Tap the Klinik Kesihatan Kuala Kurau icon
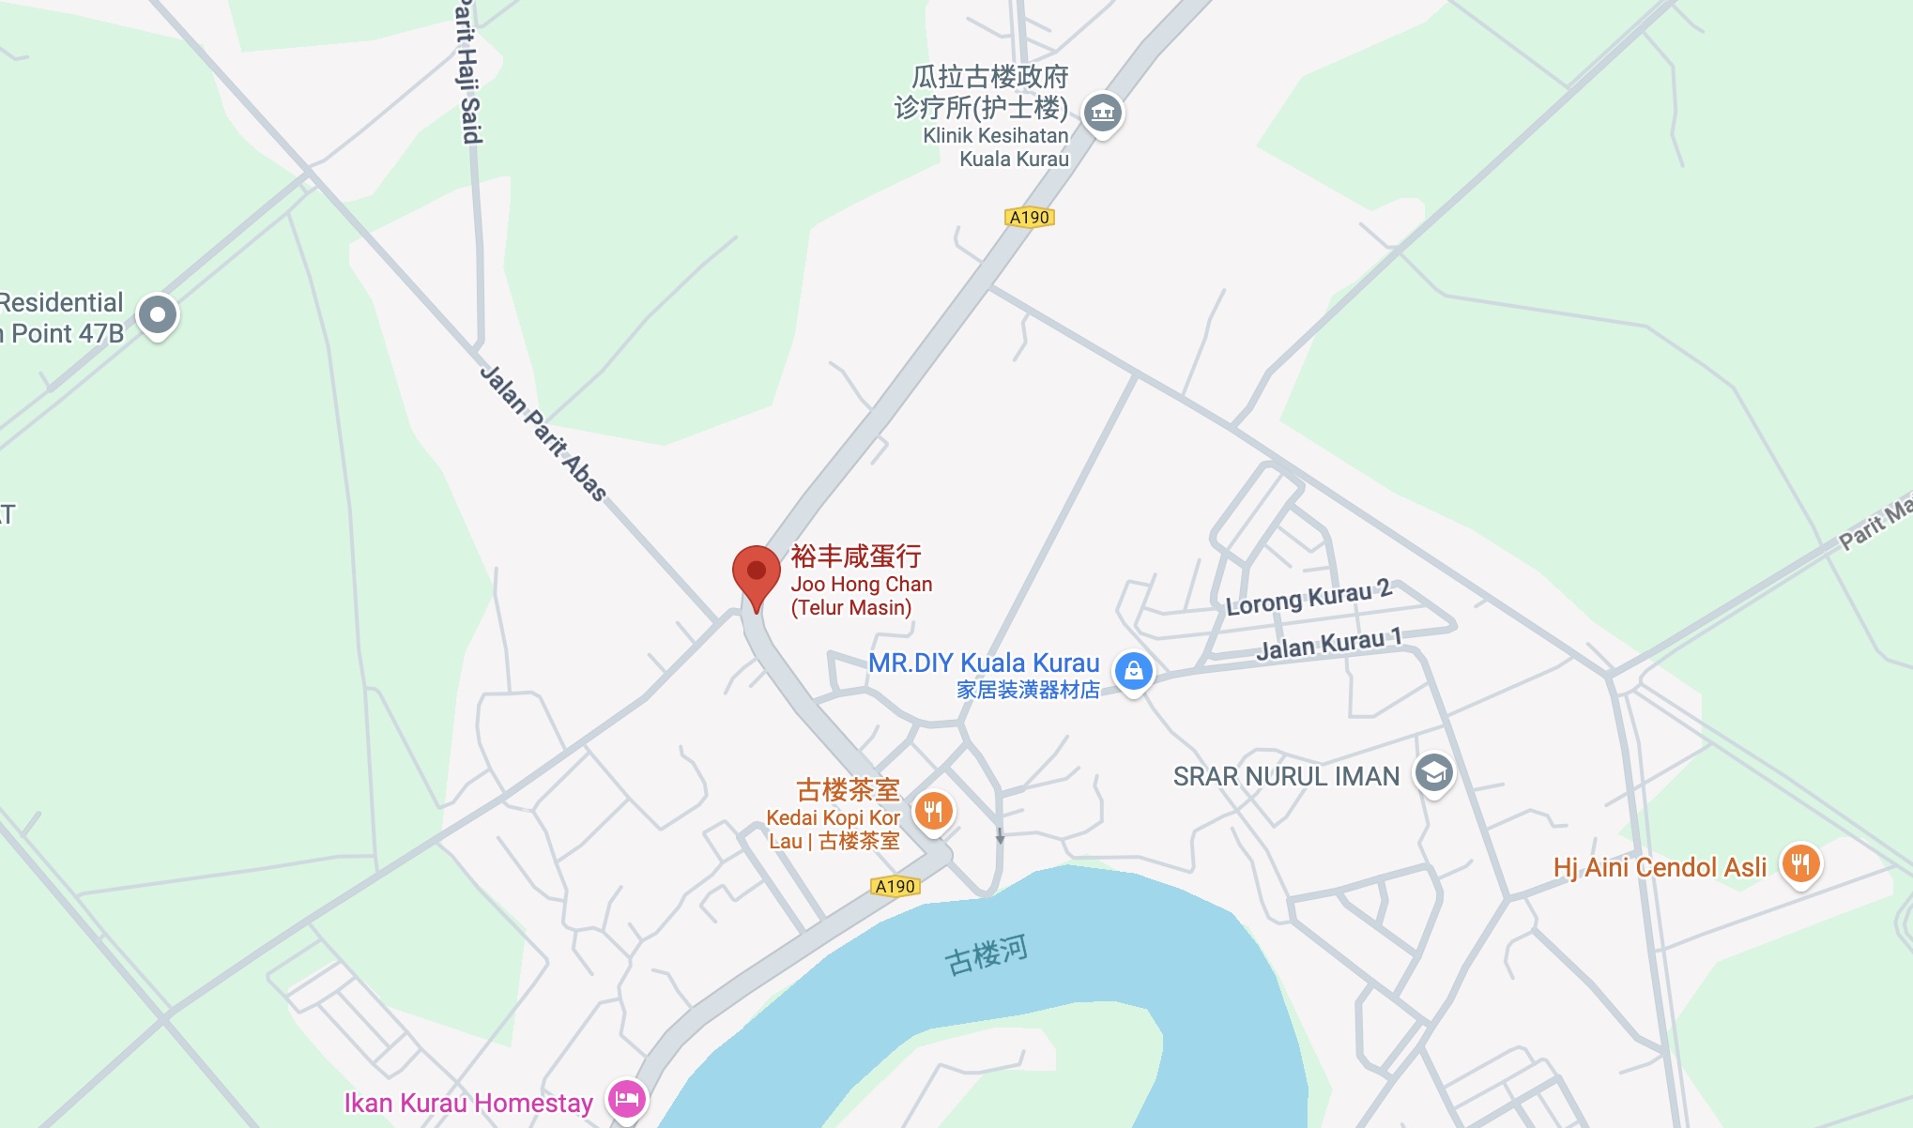tap(1103, 114)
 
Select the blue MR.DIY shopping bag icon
tap(1133, 671)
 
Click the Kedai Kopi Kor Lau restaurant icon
tap(933, 811)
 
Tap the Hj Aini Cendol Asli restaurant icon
tap(1800, 863)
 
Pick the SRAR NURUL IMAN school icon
tap(1433, 774)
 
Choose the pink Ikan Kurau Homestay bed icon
tap(627, 1098)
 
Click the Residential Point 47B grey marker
tap(158, 314)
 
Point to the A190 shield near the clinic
tap(1030, 218)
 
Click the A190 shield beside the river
tap(895, 886)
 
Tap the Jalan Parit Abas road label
tap(543, 433)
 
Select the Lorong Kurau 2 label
tap(1308, 597)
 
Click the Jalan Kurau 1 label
tap(1329, 644)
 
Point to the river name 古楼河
tap(987, 955)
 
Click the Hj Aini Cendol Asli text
tap(1660, 867)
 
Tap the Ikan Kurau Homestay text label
tap(468, 1103)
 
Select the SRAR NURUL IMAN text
tap(1286, 776)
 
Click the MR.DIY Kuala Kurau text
tap(983, 663)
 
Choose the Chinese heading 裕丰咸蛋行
tap(856, 556)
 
